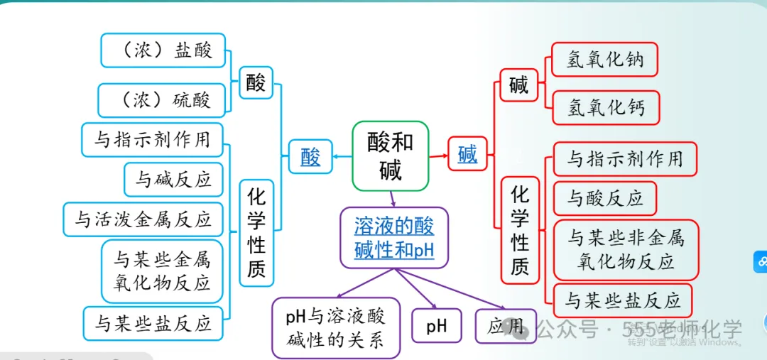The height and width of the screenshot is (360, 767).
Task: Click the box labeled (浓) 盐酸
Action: click(x=163, y=50)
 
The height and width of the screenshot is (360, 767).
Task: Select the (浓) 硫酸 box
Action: click(x=163, y=100)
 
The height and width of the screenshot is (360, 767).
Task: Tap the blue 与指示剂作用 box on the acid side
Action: click(x=152, y=139)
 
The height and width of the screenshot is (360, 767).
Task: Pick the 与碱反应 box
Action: click(x=173, y=179)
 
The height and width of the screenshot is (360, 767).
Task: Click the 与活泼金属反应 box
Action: click(x=143, y=219)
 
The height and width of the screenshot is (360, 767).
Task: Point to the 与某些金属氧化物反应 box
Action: click(x=162, y=271)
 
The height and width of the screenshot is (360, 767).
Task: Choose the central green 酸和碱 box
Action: click(x=391, y=156)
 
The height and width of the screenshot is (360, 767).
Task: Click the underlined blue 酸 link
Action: click(x=310, y=157)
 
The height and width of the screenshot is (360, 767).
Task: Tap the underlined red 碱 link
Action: click(x=467, y=154)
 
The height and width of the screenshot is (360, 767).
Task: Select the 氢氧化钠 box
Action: click(x=605, y=60)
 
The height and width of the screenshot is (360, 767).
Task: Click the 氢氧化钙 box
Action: click(x=606, y=107)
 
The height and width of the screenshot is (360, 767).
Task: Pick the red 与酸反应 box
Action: click(x=604, y=198)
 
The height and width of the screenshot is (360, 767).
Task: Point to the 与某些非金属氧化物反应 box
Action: click(x=625, y=249)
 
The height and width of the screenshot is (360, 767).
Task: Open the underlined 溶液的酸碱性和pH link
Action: click(x=394, y=238)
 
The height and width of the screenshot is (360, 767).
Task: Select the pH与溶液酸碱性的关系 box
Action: click(x=336, y=327)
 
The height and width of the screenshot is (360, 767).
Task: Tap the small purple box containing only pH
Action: click(x=437, y=326)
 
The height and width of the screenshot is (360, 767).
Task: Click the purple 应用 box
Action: click(x=505, y=326)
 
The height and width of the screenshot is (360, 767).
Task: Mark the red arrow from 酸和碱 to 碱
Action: click(x=438, y=156)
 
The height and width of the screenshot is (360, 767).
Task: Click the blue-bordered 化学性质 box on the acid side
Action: click(x=256, y=232)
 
